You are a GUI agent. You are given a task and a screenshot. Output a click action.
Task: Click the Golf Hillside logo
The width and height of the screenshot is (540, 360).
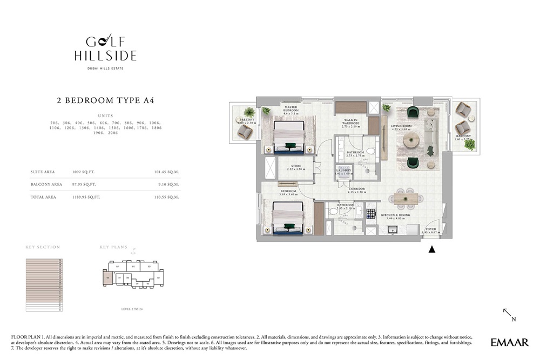(105, 49)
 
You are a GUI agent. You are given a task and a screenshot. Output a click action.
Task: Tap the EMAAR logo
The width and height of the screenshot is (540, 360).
(509, 342)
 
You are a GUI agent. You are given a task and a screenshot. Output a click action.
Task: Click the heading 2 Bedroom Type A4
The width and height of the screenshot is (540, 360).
(105, 100)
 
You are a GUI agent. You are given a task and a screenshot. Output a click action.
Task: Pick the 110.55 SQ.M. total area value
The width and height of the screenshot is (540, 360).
(166, 197)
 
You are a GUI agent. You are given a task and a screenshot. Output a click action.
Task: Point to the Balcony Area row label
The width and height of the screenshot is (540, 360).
(43, 185)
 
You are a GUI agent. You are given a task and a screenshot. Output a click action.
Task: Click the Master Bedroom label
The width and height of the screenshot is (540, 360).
(291, 110)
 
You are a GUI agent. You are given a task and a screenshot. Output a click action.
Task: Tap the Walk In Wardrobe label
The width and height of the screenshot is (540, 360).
(350, 123)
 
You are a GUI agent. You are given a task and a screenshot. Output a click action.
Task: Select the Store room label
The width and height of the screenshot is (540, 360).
(296, 167)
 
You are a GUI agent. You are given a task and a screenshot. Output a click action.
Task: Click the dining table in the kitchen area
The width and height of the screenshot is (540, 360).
(405, 199)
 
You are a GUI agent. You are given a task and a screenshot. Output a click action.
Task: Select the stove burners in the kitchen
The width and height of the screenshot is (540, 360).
(371, 213)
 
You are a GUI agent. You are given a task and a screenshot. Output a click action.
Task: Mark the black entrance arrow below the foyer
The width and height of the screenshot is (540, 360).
(431, 249)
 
